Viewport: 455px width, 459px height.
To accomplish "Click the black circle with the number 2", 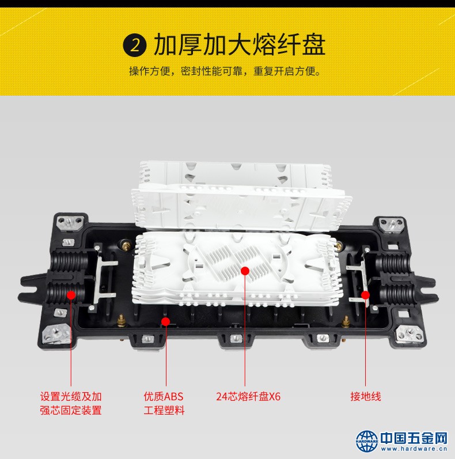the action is point(135,45).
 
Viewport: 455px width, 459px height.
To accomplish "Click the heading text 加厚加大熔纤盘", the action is point(240,44).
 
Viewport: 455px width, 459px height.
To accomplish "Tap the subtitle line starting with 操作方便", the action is point(225,71).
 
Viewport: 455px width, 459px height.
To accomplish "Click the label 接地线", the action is point(366,397).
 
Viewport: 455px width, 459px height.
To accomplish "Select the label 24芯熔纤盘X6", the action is point(248,397).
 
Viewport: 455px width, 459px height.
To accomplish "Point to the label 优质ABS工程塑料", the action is point(164,403).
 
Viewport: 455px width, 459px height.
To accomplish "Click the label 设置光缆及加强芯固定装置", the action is point(71,403).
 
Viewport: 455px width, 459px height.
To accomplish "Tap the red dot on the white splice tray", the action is point(245,271).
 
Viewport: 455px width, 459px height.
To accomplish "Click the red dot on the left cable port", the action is point(71,295).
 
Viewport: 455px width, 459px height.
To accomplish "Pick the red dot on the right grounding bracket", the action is point(365,295).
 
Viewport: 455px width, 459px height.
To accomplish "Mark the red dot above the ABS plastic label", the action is point(166,322).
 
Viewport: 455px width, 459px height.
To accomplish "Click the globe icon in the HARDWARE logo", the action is point(367,441).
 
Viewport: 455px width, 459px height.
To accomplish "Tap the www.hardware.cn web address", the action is point(414,449).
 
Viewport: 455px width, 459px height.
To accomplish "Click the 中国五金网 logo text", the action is point(414,438).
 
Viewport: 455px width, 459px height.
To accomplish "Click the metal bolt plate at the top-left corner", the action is point(70,223).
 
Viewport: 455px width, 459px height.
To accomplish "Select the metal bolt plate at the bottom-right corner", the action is point(410,333).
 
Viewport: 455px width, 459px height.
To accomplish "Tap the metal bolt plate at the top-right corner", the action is point(391,225).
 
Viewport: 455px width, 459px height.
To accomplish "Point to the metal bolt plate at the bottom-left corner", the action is point(57,333).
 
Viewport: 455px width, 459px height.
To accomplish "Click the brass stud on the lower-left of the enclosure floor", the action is point(121,321).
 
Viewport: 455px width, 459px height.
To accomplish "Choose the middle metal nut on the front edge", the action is point(236,339).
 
